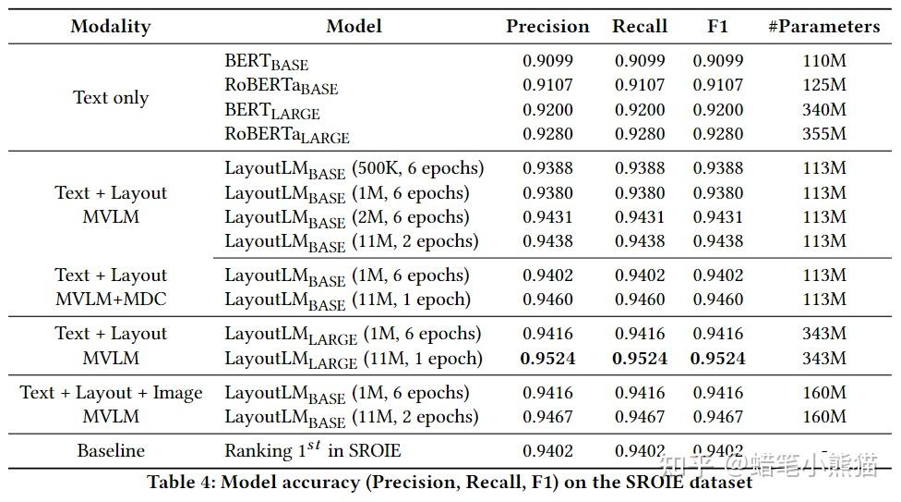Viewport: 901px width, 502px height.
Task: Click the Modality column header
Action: [x=111, y=27]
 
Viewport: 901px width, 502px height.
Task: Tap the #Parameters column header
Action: [x=824, y=27]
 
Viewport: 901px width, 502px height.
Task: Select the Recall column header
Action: [x=640, y=27]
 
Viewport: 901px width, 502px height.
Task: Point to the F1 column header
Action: [x=717, y=27]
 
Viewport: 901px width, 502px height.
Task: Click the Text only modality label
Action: [x=111, y=98]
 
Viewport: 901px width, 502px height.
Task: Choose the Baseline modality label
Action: [x=111, y=450]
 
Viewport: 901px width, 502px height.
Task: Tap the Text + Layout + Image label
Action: [x=111, y=393]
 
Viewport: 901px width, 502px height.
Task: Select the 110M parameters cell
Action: [x=824, y=60]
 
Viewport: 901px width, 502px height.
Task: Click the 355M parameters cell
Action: [x=824, y=133]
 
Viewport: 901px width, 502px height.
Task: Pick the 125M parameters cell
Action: [x=824, y=85]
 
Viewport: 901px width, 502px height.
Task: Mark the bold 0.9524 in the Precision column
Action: [x=547, y=358]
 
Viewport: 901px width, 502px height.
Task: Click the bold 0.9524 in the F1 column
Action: [x=717, y=358]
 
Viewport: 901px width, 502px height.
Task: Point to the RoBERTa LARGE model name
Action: [x=287, y=135]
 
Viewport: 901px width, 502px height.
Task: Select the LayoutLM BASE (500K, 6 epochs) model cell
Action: [x=354, y=169]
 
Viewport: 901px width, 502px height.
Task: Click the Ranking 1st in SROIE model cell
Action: [x=313, y=449]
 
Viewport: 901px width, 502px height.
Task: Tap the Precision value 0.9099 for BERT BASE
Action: [x=547, y=60]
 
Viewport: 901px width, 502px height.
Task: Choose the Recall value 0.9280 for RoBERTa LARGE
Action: [x=640, y=133]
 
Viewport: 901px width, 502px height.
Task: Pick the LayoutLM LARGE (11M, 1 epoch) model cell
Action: [x=354, y=360]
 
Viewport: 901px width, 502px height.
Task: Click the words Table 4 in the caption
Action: [x=180, y=482]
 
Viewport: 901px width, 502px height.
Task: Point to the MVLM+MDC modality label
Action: [x=111, y=300]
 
